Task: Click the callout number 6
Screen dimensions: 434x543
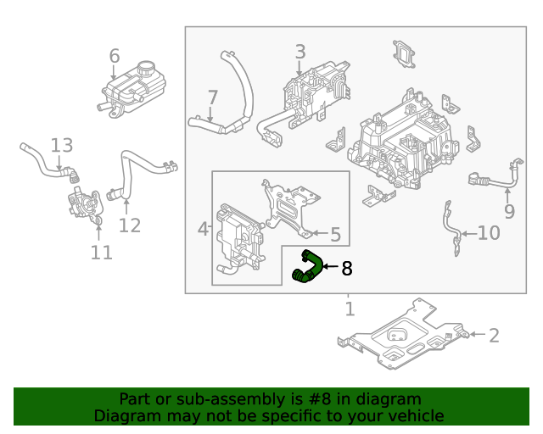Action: (115, 57)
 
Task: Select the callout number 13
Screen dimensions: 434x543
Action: (61, 146)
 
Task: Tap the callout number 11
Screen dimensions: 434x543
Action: (101, 253)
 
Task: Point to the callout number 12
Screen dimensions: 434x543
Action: (129, 225)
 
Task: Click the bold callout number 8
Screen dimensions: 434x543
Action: (346, 270)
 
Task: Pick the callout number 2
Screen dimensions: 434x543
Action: (494, 336)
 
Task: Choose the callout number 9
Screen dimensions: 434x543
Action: (509, 211)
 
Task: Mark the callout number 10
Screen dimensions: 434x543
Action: (489, 233)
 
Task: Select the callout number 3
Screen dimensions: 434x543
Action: (300, 53)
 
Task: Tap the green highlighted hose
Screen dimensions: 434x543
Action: (307, 266)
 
